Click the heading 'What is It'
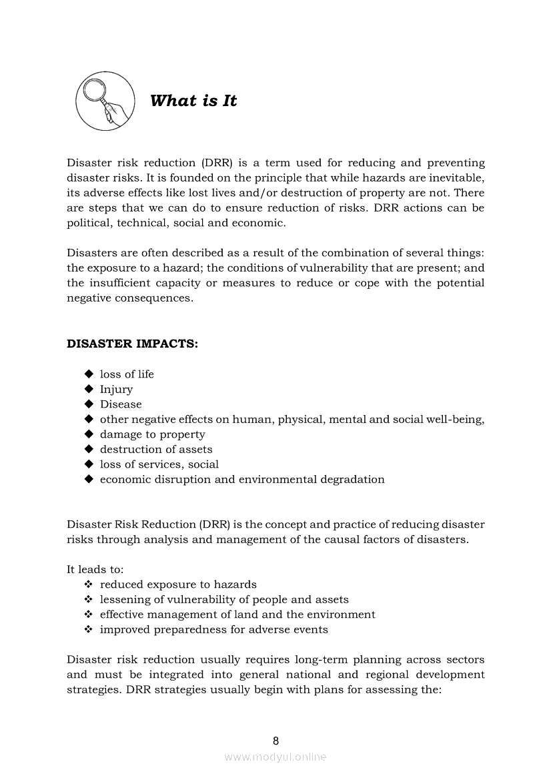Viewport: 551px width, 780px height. click(x=193, y=101)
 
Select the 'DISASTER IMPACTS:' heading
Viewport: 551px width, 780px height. click(x=132, y=344)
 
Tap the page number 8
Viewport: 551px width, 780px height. click(x=275, y=741)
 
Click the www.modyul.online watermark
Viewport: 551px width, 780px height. click(x=275, y=757)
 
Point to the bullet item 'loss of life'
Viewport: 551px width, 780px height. click(x=127, y=374)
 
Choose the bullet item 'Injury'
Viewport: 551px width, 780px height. click(x=116, y=390)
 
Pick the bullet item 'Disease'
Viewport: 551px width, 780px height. click(x=121, y=404)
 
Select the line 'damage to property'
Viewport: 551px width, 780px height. click(x=152, y=434)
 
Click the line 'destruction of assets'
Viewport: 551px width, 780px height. click(x=156, y=450)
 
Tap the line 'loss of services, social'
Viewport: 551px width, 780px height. click(x=159, y=464)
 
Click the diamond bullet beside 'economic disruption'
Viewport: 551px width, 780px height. click(x=89, y=479)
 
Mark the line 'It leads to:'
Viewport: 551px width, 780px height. click(x=95, y=570)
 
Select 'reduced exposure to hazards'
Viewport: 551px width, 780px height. click(x=178, y=584)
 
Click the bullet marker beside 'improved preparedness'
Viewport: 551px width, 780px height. click(x=89, y=629)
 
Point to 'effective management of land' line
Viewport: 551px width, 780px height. click(x=237, y=615)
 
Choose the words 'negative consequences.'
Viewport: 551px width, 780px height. click(x=130, y=298)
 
